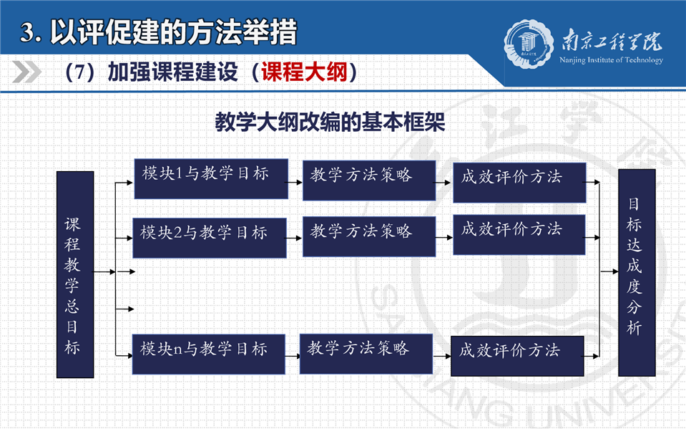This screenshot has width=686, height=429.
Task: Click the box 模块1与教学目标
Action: click(211, 179)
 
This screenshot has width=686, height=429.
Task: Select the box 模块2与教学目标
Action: click(210, 238)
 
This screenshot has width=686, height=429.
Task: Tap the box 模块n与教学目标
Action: click(209, 354)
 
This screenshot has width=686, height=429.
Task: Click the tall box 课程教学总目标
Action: click(75, 274)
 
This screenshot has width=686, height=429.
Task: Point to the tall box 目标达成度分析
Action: click(637, 273)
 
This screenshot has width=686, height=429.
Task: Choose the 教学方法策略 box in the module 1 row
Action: click(369, 180)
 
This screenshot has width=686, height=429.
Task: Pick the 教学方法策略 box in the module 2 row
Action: click(369, 236)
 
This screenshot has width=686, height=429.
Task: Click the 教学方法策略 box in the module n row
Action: click(366, 354)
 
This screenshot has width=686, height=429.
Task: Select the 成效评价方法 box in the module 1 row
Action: click(519, 183)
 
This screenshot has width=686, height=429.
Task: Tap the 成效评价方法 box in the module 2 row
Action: click(519, 234)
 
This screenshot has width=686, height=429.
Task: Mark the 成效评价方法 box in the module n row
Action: click(517, 356)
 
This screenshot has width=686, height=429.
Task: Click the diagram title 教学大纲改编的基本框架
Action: click(330, 121)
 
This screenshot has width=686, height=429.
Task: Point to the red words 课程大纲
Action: click(305, 72)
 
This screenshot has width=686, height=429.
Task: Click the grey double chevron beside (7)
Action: click(26, 72)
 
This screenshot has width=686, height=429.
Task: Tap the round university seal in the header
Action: click(529, 44)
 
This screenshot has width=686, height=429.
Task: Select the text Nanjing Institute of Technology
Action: click(611, 60)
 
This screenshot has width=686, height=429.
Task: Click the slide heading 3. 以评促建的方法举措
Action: click(159, 32)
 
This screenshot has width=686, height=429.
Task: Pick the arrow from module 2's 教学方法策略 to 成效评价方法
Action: click(444, 238)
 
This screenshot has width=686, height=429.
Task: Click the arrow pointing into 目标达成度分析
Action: click(609, 271)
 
